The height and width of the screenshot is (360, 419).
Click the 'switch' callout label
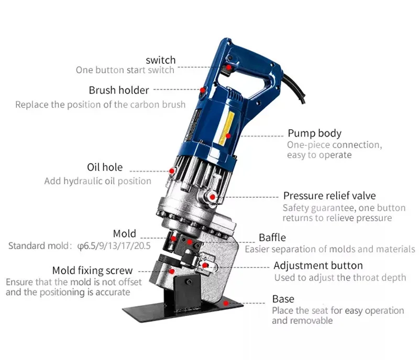point(160,60)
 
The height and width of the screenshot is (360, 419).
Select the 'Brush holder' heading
point(118,90)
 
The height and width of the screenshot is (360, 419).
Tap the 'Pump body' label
point(314,133)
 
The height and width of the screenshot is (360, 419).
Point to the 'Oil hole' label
point(105,167)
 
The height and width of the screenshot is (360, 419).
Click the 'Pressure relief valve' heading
point(329,196)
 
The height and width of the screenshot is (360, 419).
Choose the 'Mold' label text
point(124,233)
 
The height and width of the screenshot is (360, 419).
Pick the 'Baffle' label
point(272,237)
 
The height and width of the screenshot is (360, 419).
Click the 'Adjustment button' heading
point(318,265)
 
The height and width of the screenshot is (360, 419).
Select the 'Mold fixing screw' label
point(92,271)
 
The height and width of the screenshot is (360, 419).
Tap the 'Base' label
point(283,299)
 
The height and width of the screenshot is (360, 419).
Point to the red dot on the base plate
point(226,302)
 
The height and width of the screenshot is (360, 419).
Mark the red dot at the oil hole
point(172,170)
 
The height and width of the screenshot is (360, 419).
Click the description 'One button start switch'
point(126,70)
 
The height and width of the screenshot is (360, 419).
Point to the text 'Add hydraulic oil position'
point(97,181)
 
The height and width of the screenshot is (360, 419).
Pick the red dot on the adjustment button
point(206,265)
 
